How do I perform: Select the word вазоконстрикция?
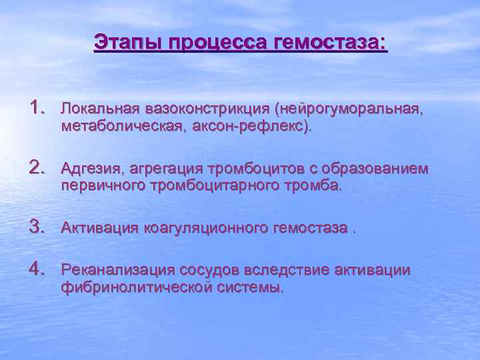pos(205,108)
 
